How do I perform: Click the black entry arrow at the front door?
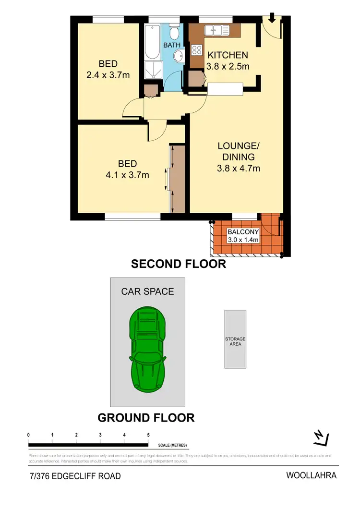[272, 19]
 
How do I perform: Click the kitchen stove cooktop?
[197, 50]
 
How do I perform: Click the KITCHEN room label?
[228, 55]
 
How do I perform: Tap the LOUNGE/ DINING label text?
[239, 151]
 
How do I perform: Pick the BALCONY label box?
[243, 236]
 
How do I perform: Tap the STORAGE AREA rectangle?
[235, 339]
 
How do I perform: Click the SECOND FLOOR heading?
[179, 264]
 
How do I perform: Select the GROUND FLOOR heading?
[146, 418]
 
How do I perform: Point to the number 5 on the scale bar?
[148, 435]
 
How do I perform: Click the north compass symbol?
[320, 438]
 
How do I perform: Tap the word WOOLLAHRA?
[311, 476]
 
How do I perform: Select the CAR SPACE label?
[147, 291]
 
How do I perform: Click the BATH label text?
[172, 45]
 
